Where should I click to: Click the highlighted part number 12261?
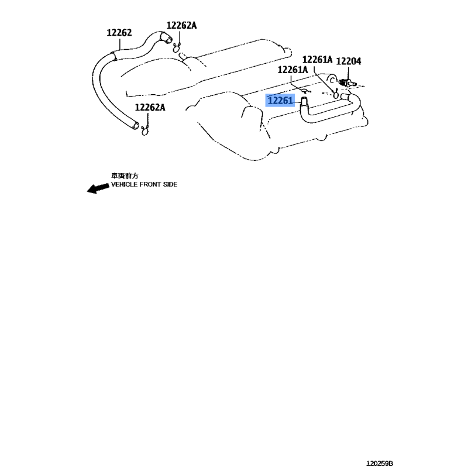click(280, 101)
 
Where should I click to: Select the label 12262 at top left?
click(119, 33)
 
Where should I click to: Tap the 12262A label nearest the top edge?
click(181, 25)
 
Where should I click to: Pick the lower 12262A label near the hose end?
click(150, 108)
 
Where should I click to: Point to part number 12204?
click(349, 60)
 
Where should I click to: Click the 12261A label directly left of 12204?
click(318, 60)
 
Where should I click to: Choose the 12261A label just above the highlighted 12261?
click(292, 70)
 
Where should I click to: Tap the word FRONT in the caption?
click(153, 184)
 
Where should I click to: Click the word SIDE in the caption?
click(171, 184)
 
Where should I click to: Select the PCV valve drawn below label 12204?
click(350, 84)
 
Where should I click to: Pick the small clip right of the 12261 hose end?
click(336, 92)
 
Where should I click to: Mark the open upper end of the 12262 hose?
click(167, 40)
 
